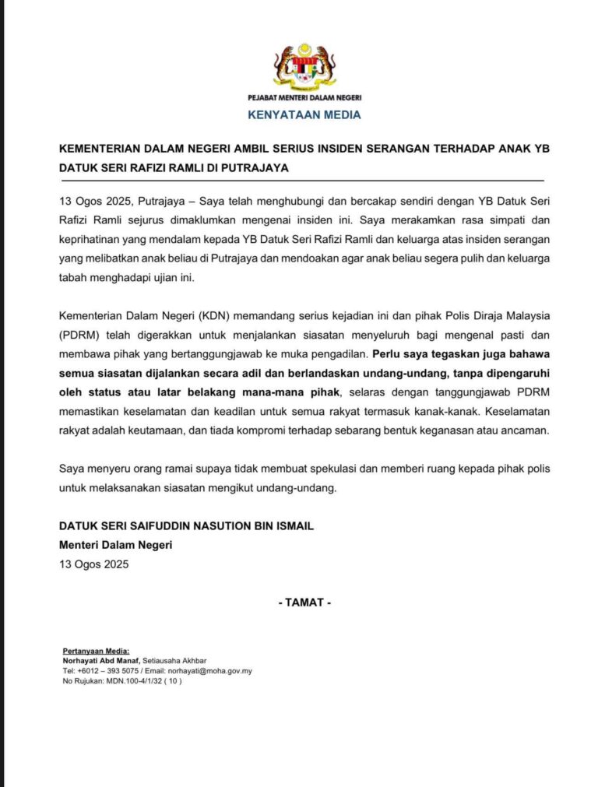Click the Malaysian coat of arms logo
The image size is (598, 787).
point(304,67)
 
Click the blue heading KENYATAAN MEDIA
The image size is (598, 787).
point(304,114)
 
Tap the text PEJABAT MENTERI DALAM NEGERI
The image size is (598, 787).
point(304,98)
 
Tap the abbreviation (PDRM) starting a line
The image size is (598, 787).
point(81,335)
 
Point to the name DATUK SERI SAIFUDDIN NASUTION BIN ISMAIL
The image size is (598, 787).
point(186,526)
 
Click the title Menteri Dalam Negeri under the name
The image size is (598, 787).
point(116,545)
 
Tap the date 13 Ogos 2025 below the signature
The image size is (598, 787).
point(94,564)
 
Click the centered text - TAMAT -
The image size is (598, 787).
point(304,603)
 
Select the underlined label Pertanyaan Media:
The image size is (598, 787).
point(96,651)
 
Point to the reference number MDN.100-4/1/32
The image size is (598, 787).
point(135,681)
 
